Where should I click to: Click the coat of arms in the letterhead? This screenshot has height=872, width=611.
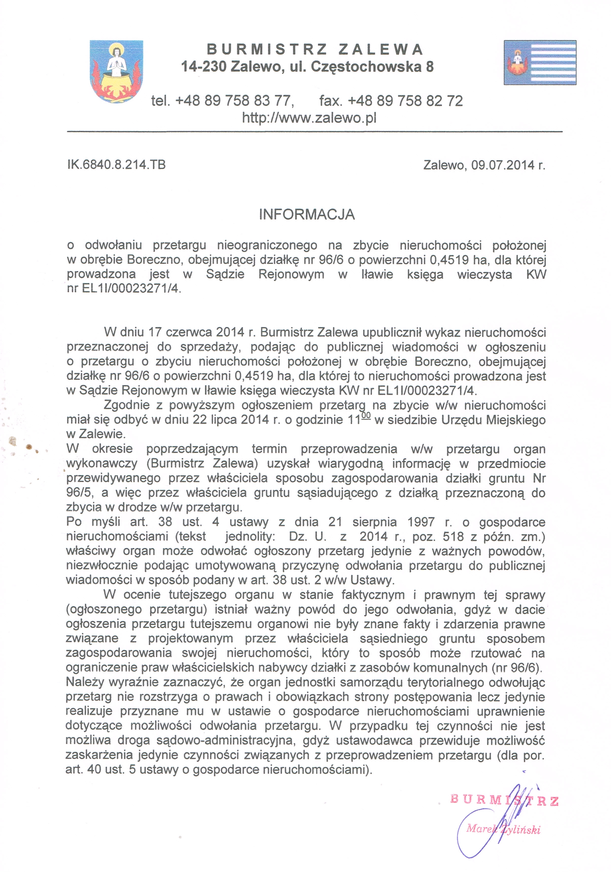click(x=116, y=71)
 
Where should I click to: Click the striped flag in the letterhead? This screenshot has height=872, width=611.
click(x=540, y=62)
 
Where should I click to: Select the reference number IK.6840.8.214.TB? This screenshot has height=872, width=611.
click(x=116, y=165)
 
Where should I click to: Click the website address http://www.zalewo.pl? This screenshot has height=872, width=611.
click(x=309, y=118)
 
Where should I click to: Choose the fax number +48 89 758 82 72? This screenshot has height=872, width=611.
click(x=405, y=101)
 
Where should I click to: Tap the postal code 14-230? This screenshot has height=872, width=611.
click(x=204, y=67)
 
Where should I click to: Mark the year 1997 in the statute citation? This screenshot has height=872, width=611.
click(x=421, y=522)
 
